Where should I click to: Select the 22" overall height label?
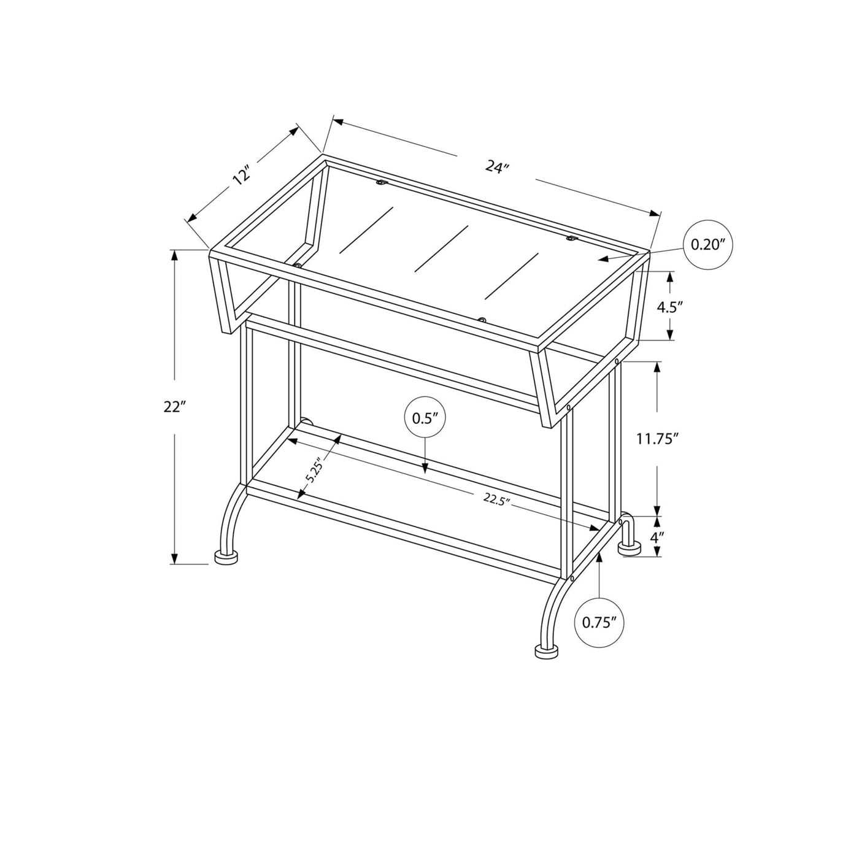pos(174,407)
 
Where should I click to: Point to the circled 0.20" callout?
pos(708,245)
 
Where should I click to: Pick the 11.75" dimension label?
pos(657,439)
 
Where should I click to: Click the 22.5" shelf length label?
pos(496,499)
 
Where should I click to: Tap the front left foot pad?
pos(226,557)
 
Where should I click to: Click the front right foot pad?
pos(547,651)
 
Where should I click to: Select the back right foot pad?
pos(630,549)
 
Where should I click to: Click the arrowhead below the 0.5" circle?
pos(425,468)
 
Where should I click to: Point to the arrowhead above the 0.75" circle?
pos(599,557)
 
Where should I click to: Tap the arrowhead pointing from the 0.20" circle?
pos(604,258)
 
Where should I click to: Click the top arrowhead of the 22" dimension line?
pos(174,255)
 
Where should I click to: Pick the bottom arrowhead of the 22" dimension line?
pos(174,558)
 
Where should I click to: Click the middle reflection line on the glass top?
pos(441,248)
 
